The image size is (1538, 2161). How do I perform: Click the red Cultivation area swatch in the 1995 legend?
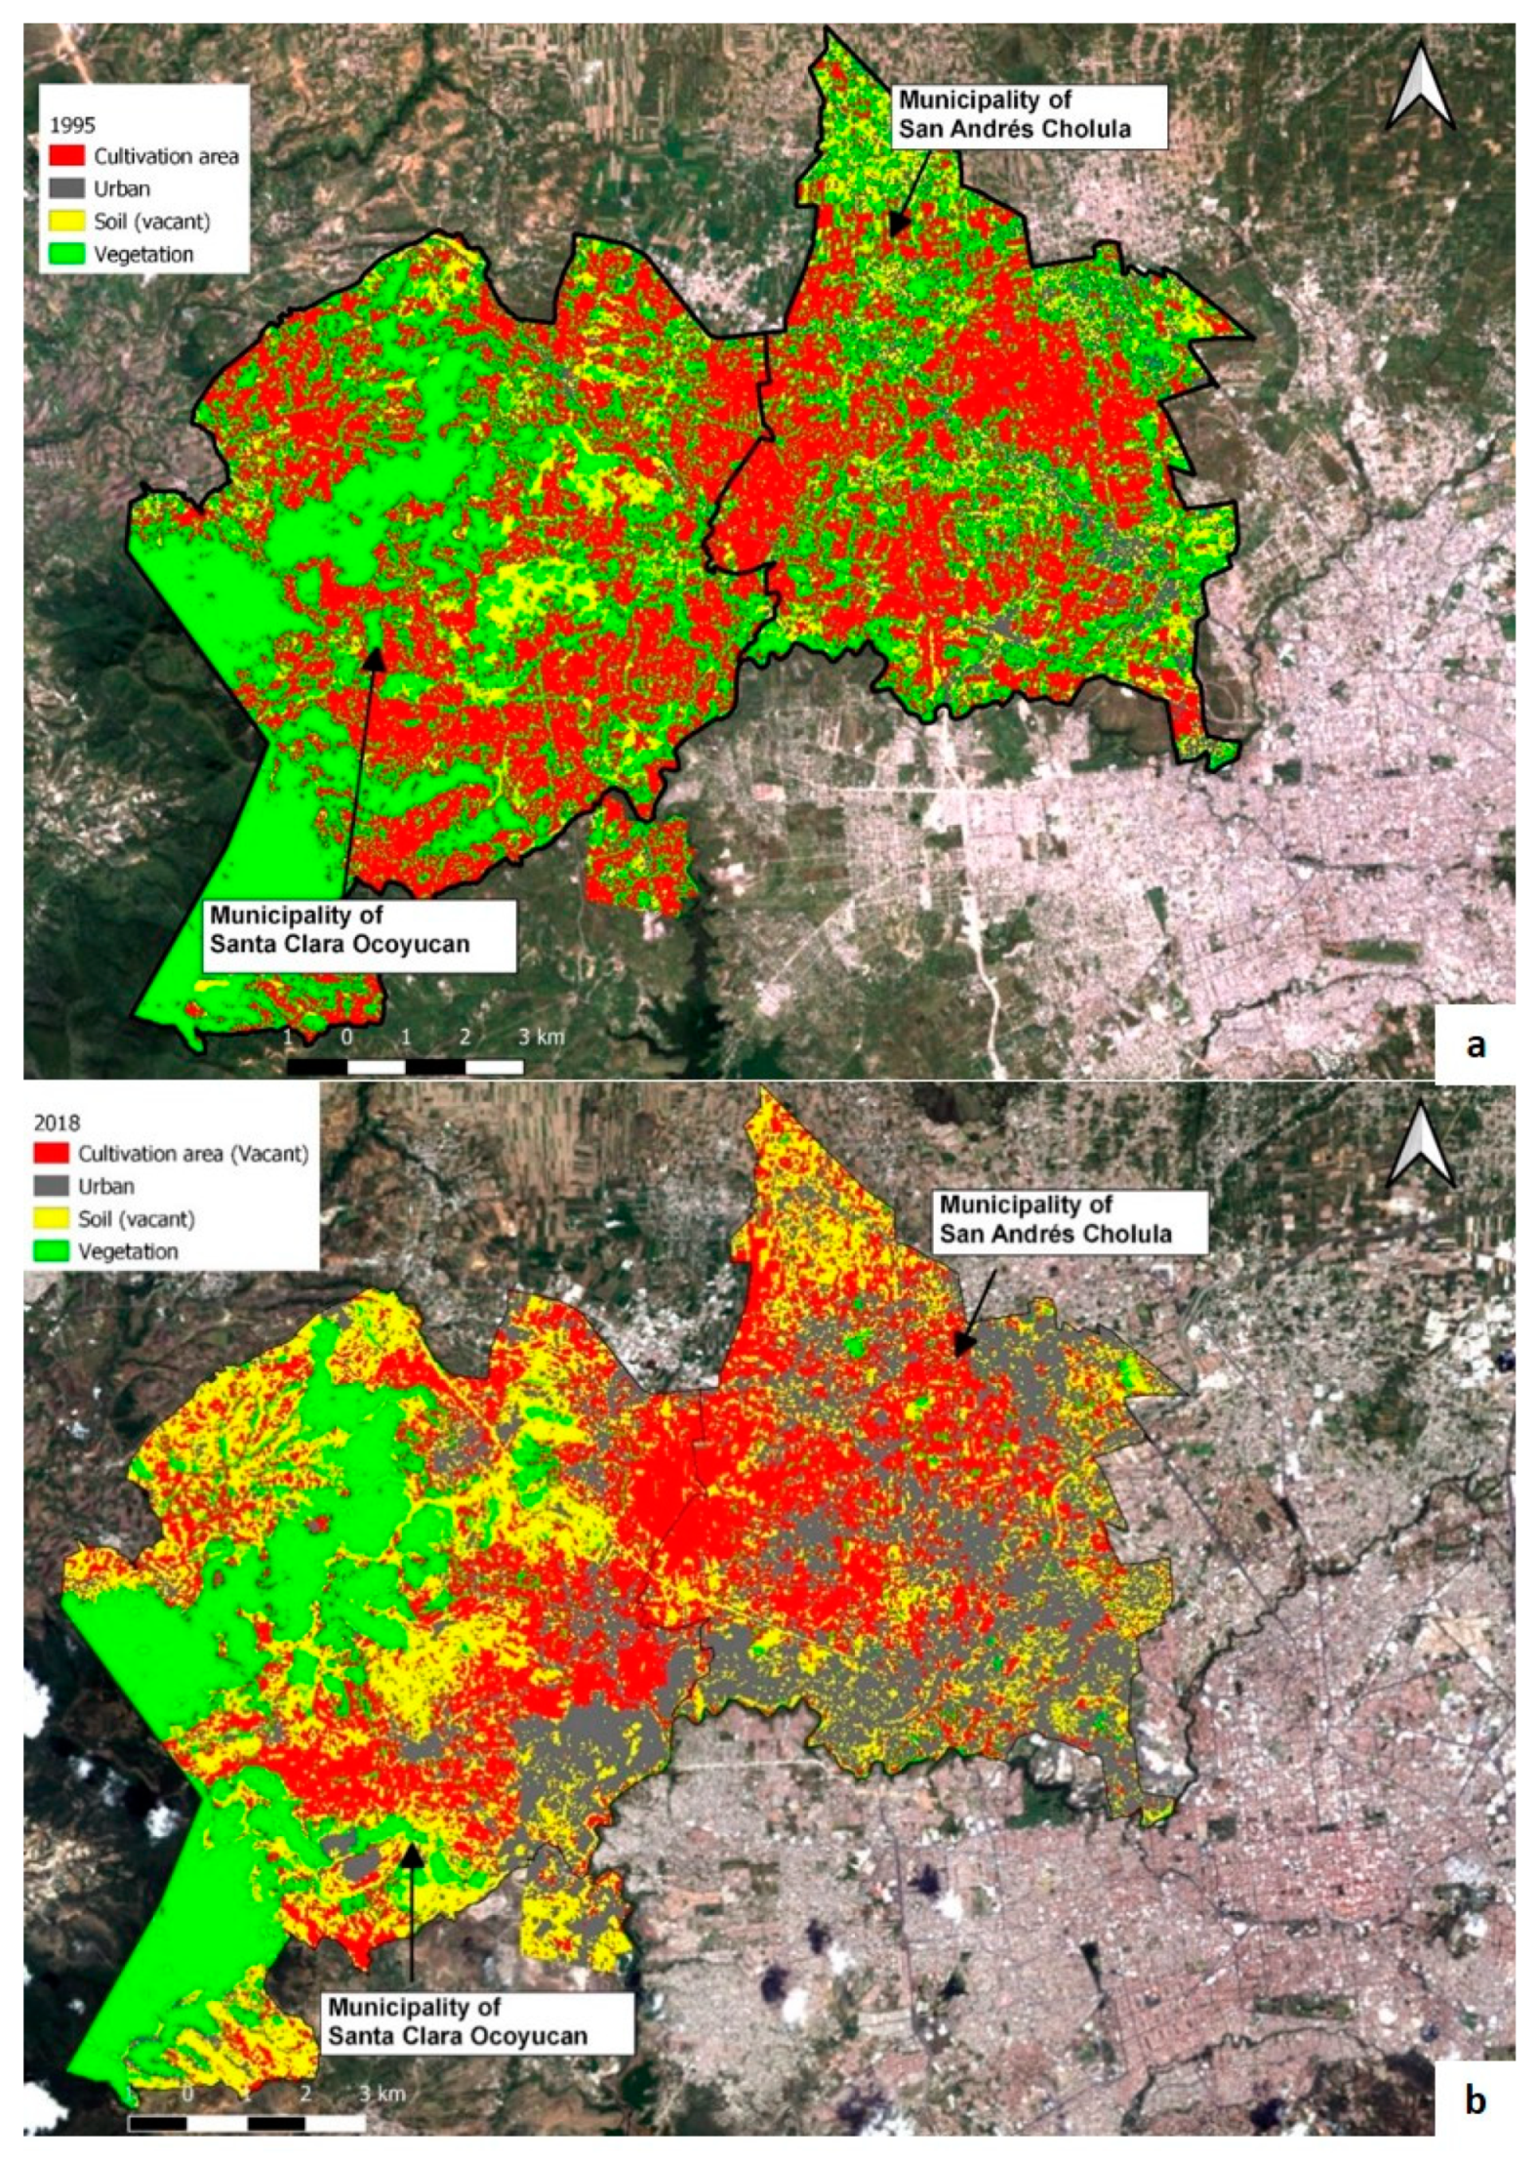(x=66, y=156)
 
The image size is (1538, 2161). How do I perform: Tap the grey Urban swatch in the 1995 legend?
(x=66, y=188)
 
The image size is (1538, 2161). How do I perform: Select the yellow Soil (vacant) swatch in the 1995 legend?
(x=66, y=222)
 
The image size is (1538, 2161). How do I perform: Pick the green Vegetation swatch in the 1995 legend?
(x=66, y=254)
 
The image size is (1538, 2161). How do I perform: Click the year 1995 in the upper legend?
(x=71, y=125)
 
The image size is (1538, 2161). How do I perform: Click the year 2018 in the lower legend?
(x=56, y=1122)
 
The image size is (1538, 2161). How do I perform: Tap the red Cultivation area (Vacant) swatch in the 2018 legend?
(x=52, y=1154)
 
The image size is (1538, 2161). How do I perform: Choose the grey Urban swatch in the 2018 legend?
(x=52, y=1186)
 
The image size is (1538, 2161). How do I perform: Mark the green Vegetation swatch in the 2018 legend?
(x=52, y=1251)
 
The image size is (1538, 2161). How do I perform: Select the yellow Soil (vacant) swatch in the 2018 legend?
(x=52, y=1219)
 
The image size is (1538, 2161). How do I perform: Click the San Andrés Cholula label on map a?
(x=1014, y=114)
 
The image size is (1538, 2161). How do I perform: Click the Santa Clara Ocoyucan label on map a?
(x=339, y=929)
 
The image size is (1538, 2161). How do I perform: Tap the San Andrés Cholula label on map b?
(x=1054, y=1219)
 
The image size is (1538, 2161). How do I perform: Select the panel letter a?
(x=1475, y=1043)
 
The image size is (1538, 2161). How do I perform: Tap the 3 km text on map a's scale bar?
(x=541, y=1037)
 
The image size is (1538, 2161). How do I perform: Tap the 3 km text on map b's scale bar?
(x=382, y=2094)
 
